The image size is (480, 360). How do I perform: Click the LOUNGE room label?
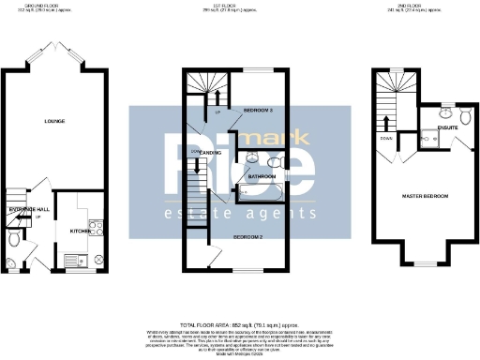53,121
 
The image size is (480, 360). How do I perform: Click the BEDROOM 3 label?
258,111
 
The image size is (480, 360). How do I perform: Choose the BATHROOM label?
261,175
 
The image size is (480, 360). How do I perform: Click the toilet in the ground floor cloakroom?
12,240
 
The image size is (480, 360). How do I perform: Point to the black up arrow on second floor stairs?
385,122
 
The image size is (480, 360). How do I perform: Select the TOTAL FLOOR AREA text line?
239,321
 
